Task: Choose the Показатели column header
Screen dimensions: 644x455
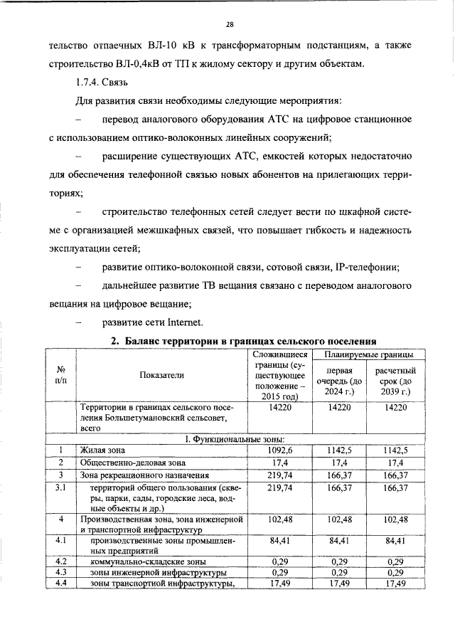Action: tap(161, 374)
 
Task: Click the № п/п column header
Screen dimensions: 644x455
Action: tap(61, 374)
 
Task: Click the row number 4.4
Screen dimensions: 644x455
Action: tap(60, 584)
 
